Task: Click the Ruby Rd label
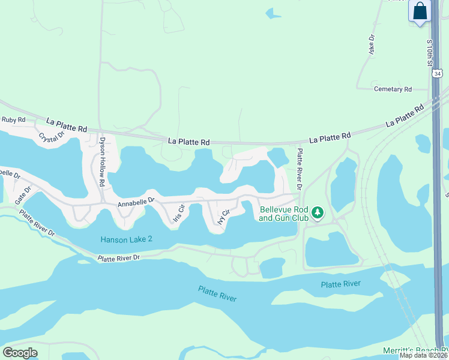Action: [x=13, y=120]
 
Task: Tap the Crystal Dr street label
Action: [x=51, y=137]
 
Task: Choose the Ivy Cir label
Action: [x=224, y=216]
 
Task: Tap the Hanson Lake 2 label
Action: [x=126, y=239]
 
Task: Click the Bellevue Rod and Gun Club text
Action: [x=283, y=214]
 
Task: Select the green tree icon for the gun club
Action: [x=318, y=212]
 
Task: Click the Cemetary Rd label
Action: [x=393, y=89]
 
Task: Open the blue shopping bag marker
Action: [x=420, y=11]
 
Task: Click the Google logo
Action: [x=20, y=353]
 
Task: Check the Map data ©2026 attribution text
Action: [x=423, y=355]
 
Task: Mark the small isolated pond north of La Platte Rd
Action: [x=273, y=13]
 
